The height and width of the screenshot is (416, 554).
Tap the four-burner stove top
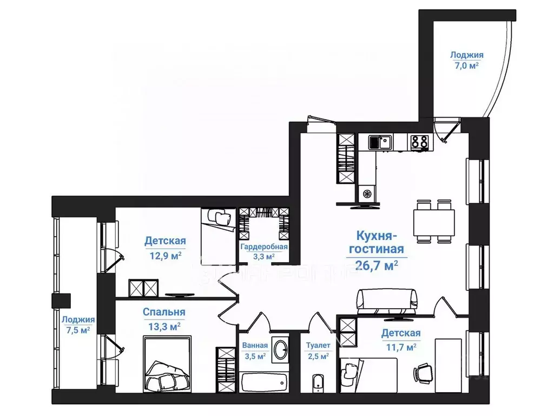coord(420,142)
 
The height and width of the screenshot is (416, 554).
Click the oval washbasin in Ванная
coord(281,350)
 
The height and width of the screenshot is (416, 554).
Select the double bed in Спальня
coord(168,364)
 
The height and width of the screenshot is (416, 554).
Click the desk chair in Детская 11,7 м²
coord(423,373)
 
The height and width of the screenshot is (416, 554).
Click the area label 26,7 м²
coord(377,265)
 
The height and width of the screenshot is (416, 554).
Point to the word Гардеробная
coord(264,246)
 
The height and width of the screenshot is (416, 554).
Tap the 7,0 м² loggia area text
coord(466,66)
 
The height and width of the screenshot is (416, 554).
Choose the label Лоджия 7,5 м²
coord(78,325)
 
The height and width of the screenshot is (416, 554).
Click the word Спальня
coord(164,312)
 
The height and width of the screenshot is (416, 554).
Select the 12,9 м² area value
coord(166,255)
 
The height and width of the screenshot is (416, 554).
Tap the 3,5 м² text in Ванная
coord(255,356)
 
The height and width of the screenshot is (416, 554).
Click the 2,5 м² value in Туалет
coord(318,356)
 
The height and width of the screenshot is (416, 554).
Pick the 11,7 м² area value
coord(401,347)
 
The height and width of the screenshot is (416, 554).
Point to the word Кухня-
coord(377,236)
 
